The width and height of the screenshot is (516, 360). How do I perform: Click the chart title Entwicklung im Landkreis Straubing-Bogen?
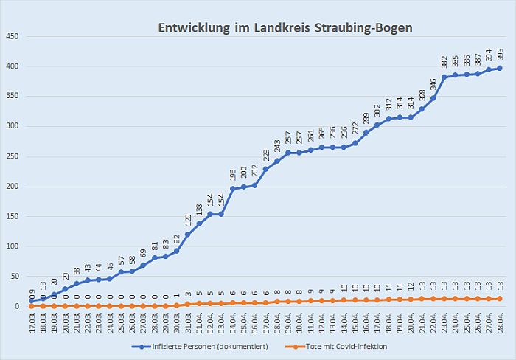[x=285, y=28]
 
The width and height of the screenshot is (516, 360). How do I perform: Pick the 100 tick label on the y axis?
[x=13, y=246]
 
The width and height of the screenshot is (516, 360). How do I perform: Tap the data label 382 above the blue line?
[x=444, y=62]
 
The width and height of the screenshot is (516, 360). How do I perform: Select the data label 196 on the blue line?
[x=233, y=174]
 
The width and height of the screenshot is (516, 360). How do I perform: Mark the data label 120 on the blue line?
[x=188, y=219]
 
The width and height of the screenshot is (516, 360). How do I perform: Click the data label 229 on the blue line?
[x=266, y=154]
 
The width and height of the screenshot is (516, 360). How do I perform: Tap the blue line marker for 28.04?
[x=500, y=69]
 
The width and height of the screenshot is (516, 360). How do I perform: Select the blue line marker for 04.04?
[x=233, y=189]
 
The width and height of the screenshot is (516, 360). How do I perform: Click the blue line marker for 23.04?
[x=444, y=77]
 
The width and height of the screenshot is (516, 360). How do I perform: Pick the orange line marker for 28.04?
[x=500, y=298]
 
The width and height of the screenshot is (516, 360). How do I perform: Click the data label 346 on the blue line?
[x=433, y=83]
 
